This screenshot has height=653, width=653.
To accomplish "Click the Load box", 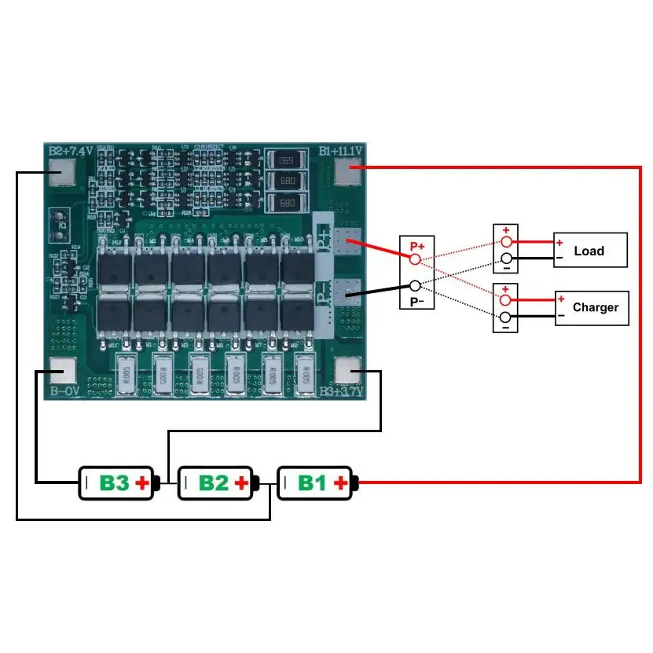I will [590, 251].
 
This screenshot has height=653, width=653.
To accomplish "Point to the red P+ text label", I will [416, 246].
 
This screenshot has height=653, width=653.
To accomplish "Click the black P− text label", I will [416, 302].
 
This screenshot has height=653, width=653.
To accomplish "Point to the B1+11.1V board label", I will [341, 151].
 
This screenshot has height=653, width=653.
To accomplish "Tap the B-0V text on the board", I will [64, 391].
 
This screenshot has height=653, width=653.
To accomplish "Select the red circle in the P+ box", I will [416, 259].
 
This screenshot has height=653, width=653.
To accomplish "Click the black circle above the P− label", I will [416, 285].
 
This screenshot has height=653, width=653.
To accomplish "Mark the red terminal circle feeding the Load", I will [507, 241].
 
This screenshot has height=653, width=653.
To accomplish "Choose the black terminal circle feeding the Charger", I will [507, 317].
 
